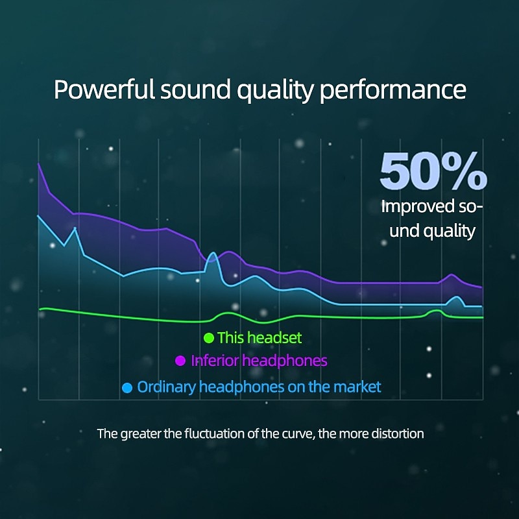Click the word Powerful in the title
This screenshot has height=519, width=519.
point(104,90)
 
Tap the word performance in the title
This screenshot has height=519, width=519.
point(393,91)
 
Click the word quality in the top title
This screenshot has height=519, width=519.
point(274,91)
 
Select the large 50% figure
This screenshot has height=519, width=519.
point(433,171)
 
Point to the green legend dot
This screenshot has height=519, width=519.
point(209,338)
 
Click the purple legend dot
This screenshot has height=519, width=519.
point(180,361)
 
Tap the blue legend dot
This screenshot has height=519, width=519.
point(127,387)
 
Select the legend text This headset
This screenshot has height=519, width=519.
point(259,338)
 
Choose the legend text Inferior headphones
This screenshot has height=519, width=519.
point(259,361)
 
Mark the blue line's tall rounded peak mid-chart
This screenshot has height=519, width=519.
point(213,253)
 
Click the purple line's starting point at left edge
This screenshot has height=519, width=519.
point(39,163)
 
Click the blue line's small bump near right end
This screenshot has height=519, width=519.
point(457,297)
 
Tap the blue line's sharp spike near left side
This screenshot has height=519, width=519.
point(75,228)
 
